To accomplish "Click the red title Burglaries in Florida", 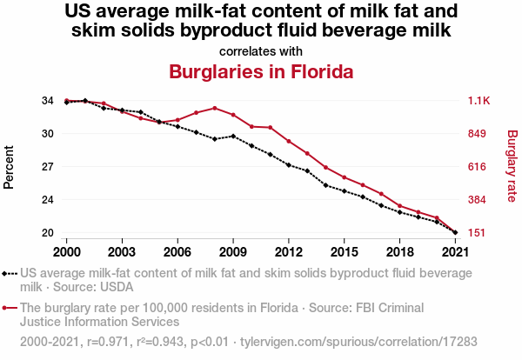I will coord(261,71).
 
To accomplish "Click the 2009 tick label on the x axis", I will coord(233,251).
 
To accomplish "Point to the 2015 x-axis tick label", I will coord(345,251).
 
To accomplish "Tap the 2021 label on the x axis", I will coord(455,251).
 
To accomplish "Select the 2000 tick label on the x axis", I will coord(66,251).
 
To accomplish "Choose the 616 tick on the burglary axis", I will coord(478,167).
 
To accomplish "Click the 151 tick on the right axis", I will coord(478,233).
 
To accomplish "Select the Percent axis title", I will coord(10,167).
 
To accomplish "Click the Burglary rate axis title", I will coord(512,167).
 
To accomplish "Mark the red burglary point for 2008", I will coord(215,108).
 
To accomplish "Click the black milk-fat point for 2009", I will coord(233,136).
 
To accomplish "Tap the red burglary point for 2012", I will coord(289,142).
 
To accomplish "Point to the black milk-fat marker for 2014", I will coord(325,185).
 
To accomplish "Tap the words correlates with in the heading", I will coord(261,50).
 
